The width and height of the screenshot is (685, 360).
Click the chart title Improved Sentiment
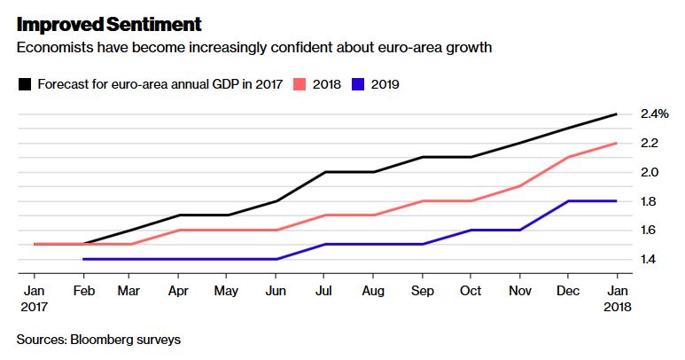(109, 24)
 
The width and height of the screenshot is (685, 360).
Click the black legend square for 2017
(25, 84)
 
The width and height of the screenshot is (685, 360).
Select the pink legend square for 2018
(300, 84)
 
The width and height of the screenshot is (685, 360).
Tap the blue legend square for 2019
(358, 84)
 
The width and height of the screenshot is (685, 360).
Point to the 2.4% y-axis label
(654, 114)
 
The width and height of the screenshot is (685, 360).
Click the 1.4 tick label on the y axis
(649, 259)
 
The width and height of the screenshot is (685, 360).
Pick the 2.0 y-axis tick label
(650, 172)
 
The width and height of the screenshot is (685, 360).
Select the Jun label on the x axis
(276, 291)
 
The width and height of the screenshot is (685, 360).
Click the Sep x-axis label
(423, 291)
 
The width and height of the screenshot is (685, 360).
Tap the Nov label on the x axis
(520, 291)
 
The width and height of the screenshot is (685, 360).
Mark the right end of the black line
(617, 114)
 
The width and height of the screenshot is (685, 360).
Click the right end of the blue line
(617, 201)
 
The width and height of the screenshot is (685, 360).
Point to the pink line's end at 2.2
(617, 143)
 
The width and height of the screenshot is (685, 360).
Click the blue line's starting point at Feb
(83, 259)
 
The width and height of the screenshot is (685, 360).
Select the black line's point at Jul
(324, 172)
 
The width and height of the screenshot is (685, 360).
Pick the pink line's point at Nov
(520, 186)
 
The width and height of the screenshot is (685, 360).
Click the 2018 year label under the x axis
(618, 307)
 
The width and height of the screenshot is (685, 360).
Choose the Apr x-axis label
(178, 292)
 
